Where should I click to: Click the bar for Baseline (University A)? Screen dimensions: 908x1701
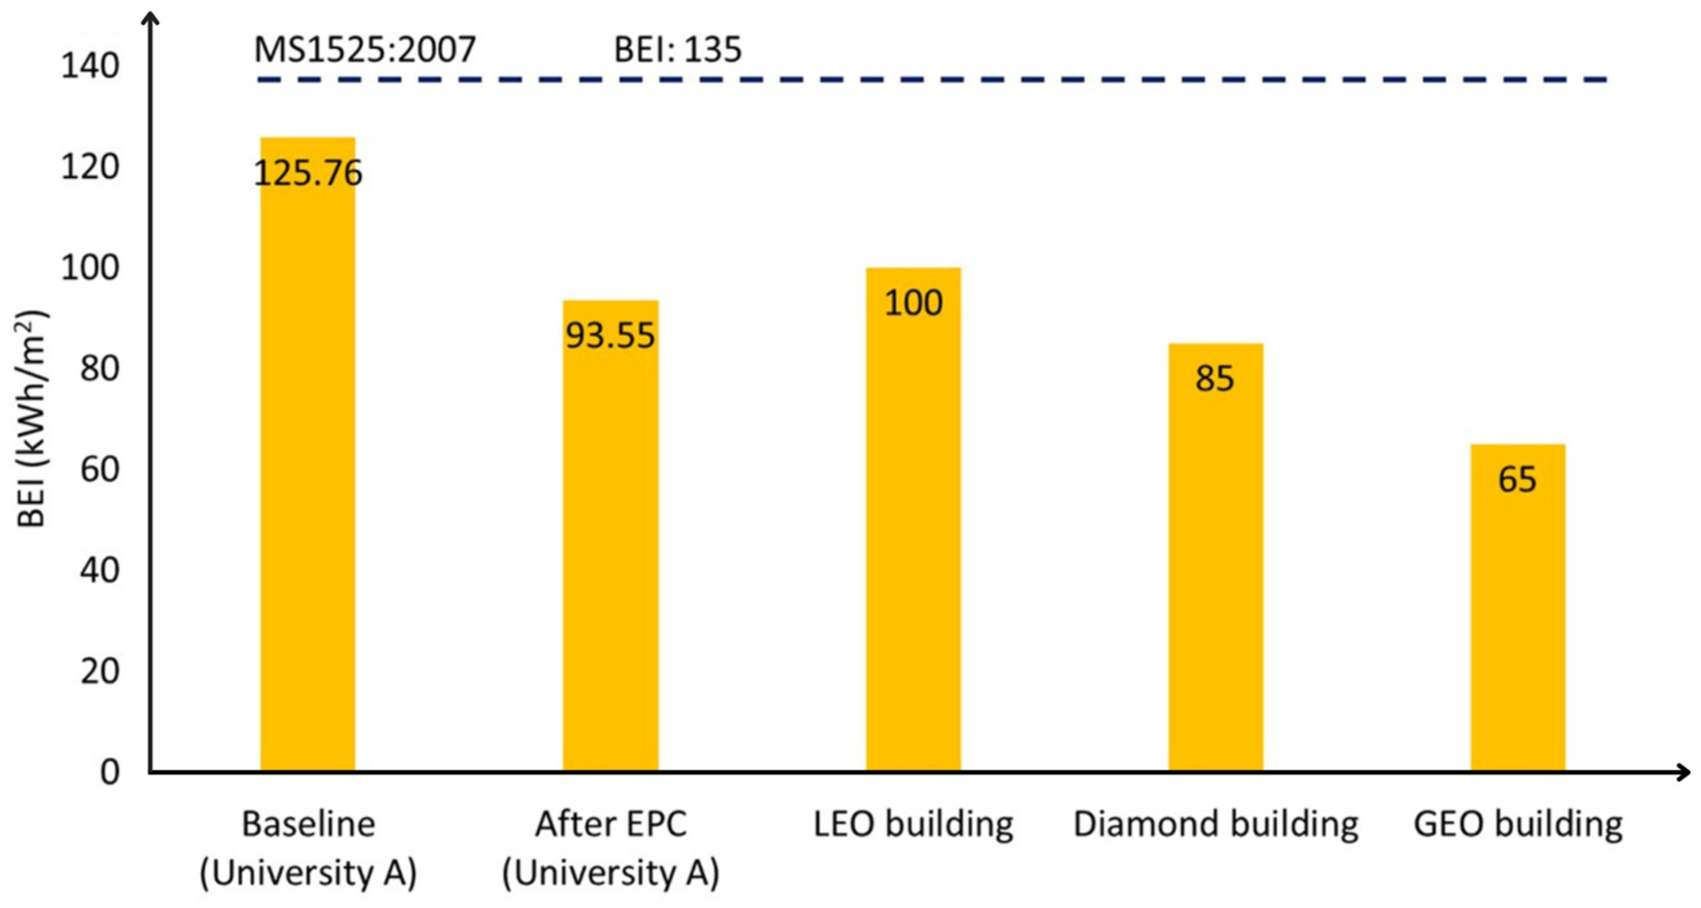pyautogui.click(x=308, y=462)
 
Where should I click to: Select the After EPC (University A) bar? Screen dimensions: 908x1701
pyautogui.click(x=610, y=541)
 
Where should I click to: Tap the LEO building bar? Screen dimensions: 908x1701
pyautogui.click(x=913, y=528)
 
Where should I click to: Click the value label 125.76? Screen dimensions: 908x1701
pyautogui.click(x=308, y=173)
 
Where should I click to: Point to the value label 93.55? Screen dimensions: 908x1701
pyautogui.click(x=610, y=335)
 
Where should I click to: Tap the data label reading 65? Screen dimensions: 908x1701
pyautogui.click(x=1517, y=479)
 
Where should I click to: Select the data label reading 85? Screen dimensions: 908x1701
pyautogui.click(x=1214, y=379)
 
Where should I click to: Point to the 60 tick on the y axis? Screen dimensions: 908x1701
pyautogui.click(x=99, y=469)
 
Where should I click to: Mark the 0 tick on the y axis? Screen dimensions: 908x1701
pyautogui.click(x=110, y=771)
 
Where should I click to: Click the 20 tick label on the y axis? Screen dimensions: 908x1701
pyautogui.click(x=99, y=672)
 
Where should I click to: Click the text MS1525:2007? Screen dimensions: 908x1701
pyautogui.click(x=364, y=49)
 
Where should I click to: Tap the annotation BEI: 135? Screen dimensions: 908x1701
pyautogui.click(x=678, y=49)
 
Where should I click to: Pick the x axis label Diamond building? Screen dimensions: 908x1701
pyautogui.click(x=1215, y=824)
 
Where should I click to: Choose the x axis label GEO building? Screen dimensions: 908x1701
pyautogui.click(x=1517, y=824)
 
